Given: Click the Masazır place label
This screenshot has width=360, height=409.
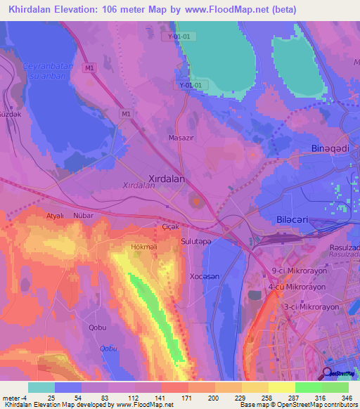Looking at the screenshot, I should pyautogui.click(x=181, y=138).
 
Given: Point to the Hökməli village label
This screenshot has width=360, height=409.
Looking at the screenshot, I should pyautogui.click(x=145, y=247).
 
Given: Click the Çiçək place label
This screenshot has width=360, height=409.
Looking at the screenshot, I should pyautogui.click(x=172, y=228).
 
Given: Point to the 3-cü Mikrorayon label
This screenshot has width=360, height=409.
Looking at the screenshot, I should pyautogui.click(x=310, y=307).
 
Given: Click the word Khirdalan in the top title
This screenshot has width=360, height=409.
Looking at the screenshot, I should pyautogui.click(x=34, y=10).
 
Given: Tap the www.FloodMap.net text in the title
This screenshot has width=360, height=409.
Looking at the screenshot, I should pyautogui.click(x=221, y=10).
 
